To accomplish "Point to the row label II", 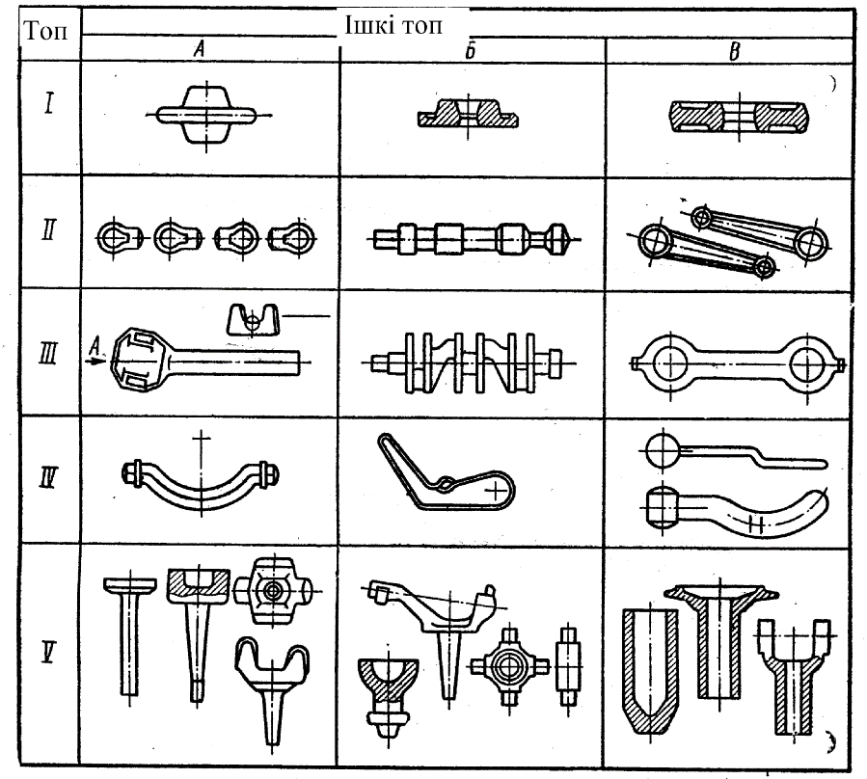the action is tap(43, 231).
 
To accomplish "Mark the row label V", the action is tap(43, 656).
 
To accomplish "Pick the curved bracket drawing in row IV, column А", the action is tap(201, 479).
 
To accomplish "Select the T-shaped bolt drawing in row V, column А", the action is tap(129, 627).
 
